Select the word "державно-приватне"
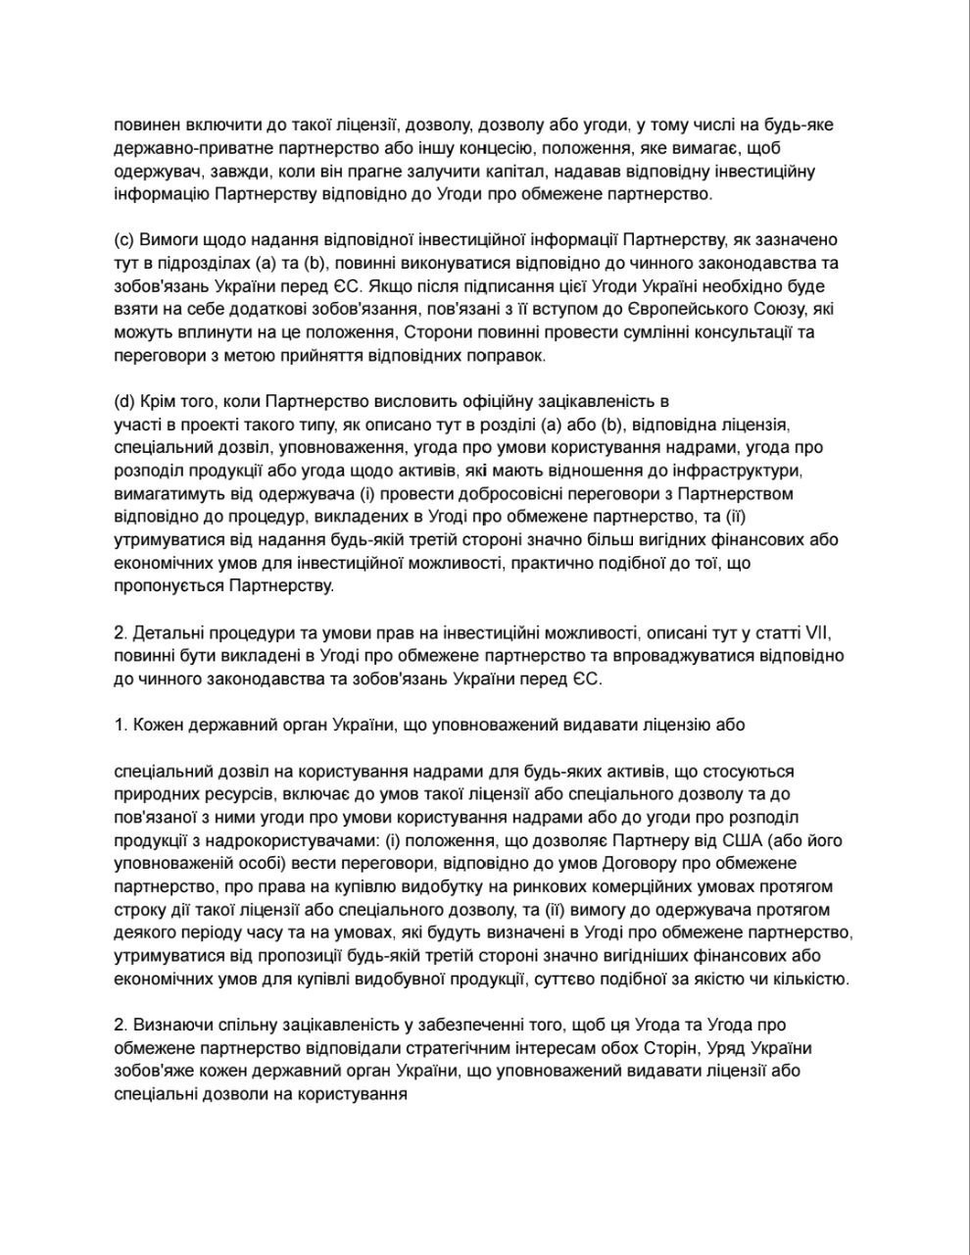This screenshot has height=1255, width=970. (x=185, y=149)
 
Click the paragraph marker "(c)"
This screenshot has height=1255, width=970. (x=125, y=240)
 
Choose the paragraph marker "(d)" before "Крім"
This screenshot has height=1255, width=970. (x=125, y=402)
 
